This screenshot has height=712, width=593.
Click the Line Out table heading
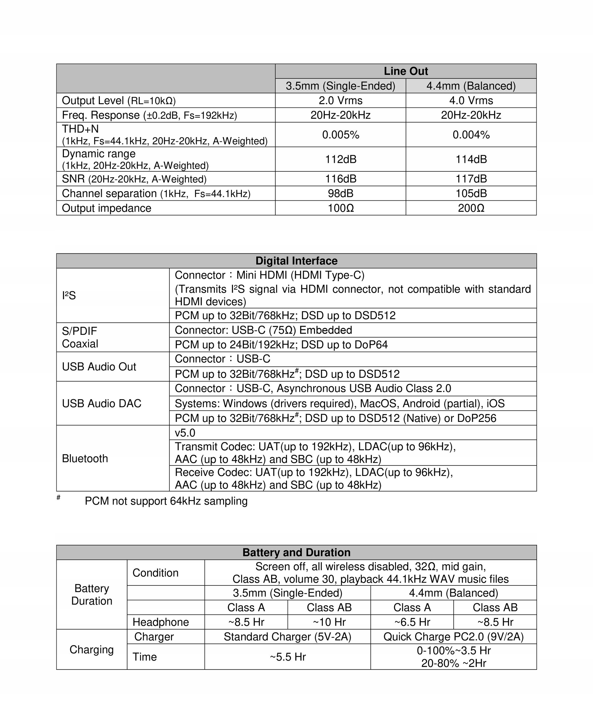click(x=406, y=71)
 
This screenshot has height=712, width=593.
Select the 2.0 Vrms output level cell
click(x=340, y=100)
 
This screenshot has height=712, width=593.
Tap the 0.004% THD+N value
click(x=471, y=134)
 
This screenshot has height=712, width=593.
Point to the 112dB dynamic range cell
click(x=340, y=159)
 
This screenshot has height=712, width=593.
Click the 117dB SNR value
click(x=471, y=179)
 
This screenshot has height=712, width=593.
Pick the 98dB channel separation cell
click(x=340, y=193)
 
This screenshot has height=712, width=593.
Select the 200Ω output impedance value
click(x=471, y=208)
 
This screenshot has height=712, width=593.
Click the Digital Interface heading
click(x=296, y=261)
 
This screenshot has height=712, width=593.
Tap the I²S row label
click(x=69, y=295)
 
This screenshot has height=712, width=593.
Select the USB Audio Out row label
click(x=99, y=367)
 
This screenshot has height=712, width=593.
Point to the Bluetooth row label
click(x=85, y=459)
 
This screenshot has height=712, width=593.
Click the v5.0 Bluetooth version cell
click(x=185, y=432)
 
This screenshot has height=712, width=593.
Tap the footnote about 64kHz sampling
click(x=166, y=501)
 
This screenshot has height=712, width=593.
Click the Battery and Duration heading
click(x=296, y=552)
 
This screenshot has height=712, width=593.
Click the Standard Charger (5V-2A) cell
click(x=287, y=637)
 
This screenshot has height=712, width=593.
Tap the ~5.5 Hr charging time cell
click(x=287, y=657)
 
